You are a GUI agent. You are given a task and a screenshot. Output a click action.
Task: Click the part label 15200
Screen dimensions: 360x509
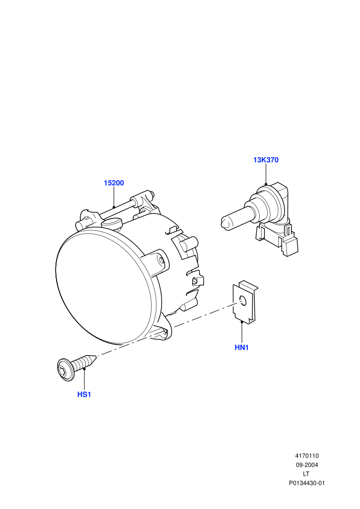pyautogui.click(x=114, y=183)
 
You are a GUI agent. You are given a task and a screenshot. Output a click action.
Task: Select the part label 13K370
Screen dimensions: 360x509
pyautogui.click(x=266, y=160)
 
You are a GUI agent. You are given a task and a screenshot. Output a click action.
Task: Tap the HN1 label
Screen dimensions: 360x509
pyautogui.click(x=242, y=348)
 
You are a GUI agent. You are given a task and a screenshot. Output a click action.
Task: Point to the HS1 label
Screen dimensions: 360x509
pyautogui.click(x=84, y=395)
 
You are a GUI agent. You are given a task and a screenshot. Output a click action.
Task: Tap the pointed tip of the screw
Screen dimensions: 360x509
pyautogui.click(x=96, y=356)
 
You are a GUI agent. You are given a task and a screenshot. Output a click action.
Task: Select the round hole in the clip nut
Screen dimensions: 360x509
pyautogui.click(x=243, y=301)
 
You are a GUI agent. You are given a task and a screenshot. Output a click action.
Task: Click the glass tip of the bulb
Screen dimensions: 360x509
pyautogui.click(x=224, y=223)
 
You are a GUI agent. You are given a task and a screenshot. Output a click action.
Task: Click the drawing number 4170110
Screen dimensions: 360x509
pyautogui.click(x=307, y=456)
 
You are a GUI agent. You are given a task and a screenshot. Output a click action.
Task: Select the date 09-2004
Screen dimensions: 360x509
pyautogui.click(x=307, y=465)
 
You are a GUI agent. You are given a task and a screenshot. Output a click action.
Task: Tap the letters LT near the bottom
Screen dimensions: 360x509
pyautogui.click(x=306, y=474)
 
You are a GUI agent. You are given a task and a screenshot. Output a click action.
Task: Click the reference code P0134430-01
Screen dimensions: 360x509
pyautogui.click(x=307, y=483)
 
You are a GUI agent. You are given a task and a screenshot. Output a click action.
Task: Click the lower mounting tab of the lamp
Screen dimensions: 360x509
pyautogui.click(x=163, y=331)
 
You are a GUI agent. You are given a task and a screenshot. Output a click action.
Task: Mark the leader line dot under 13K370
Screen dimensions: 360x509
pyautogui.click(x=266, y=185)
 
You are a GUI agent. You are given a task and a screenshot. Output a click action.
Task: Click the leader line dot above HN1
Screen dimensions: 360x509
pyautogui.click(x=242, y=322)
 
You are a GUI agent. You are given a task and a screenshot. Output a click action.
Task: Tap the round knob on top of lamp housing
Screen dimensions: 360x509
pyautogui.click(x=111, y=223)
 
